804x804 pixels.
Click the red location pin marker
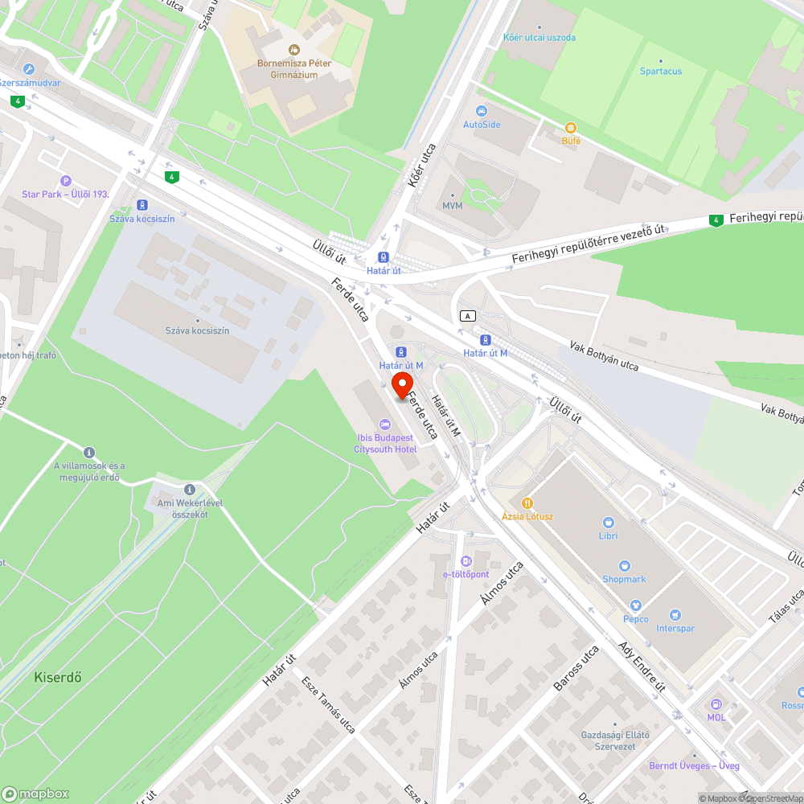(400, 385)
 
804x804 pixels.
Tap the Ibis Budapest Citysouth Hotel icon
(384, 424)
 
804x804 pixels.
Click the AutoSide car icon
(482, 111)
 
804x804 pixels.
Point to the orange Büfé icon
(570, 128)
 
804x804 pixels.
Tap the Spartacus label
(660, 71)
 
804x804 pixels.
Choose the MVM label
(452, 205)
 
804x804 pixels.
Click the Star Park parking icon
(66, 181)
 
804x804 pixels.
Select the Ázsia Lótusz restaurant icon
(527, 502)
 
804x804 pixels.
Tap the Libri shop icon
(608, 522)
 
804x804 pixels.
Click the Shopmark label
(624, 579)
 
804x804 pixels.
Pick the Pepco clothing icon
(635, 605)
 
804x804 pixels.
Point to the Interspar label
(675, 628)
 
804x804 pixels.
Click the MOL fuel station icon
(716, 703)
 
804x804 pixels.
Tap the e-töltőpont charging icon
(466, 561)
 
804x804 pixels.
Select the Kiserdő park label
(58, 677)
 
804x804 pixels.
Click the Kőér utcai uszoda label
(539, 37)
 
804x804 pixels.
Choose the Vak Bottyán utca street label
(604, 355)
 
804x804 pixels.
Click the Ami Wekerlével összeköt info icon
(190, 489)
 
